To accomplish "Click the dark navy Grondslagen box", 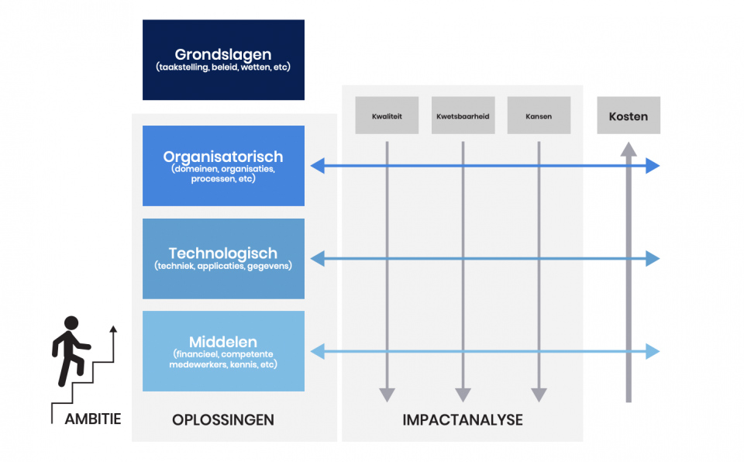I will click(x=223, y=60).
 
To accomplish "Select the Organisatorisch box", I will click(x=223, y=165).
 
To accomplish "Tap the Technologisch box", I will click(x=223, y=258).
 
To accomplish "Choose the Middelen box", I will click(x=223, y=351).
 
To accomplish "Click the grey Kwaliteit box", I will click(x=387, y=115).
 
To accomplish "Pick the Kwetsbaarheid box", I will click(x=463, y=115).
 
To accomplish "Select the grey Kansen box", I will click(x=539, y=115).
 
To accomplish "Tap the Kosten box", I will click(x=629, y=115).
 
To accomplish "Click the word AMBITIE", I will click(x=93, y=419).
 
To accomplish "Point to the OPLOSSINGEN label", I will click(x=223, y=420).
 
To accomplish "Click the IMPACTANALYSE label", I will click(x=463, y=420).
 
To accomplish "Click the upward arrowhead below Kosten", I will click(x=629, y=150).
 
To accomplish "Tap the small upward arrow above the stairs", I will click(x=113, y=329).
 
